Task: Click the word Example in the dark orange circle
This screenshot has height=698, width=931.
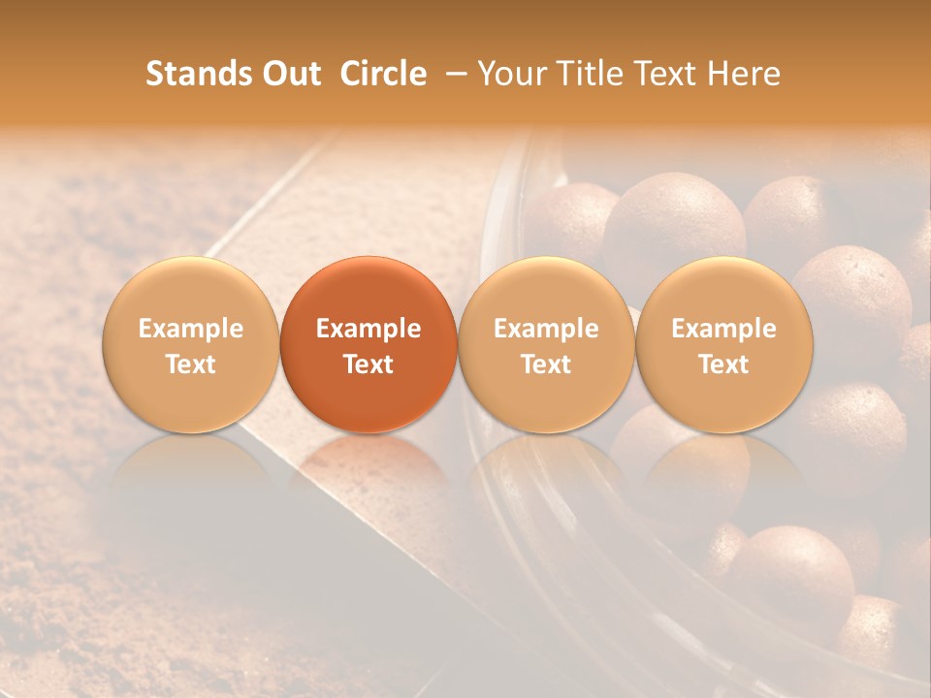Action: click(x=369, y=329)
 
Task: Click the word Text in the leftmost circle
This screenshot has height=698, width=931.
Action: click(x=191, y=365)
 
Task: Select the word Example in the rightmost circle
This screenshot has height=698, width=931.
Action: click(x=723, y=329)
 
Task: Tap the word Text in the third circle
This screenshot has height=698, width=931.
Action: click(x=546, y=365)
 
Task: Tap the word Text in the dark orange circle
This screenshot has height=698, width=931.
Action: click(x=369, y=365)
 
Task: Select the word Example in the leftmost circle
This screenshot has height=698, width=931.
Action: click(x=191, y=329)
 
